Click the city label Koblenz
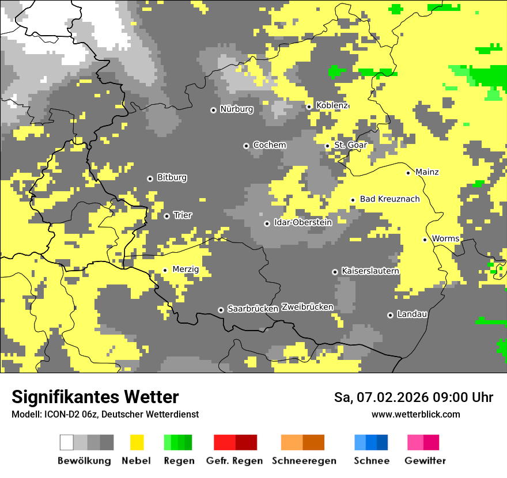[332, 106]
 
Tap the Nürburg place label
[236, 109]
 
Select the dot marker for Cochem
[246, 146]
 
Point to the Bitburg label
[172, 177]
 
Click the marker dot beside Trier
[167, 216]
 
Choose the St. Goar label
[350, 145]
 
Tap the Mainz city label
[427, 172]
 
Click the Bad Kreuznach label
[389, 199]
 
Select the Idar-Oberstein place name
[303, 222]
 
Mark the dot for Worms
[425, 240]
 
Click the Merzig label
[186, 269]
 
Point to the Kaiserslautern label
[370, 271]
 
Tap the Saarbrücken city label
[253, 309]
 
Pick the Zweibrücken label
[307, 307]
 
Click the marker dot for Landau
[390, 315]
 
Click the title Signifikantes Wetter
[95, 397]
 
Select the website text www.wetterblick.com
[415, 415]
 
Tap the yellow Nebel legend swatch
[137, 442]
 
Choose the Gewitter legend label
[425, 461]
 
